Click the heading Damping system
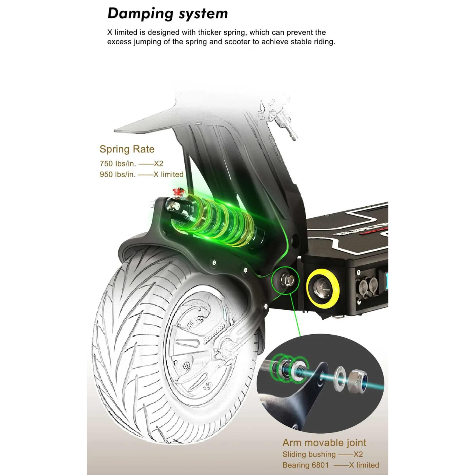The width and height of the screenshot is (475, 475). [x=167, y=14]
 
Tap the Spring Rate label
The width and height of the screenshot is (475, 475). [x=127, y=149]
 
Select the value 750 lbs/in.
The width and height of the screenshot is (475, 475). [x=118, y=164]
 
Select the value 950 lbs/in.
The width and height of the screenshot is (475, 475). [x=118, y=174]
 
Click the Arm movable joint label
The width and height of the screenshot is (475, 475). [x=324, y=443]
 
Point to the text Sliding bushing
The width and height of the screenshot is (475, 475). [x=309, y=454]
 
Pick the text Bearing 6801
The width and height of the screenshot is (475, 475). [x=305, y=465]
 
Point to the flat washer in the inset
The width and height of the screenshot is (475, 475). [x=340, y=377]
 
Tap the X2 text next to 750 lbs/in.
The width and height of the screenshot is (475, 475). [x=158, y=164]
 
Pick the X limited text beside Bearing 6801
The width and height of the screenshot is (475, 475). [x=364, y=465]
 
